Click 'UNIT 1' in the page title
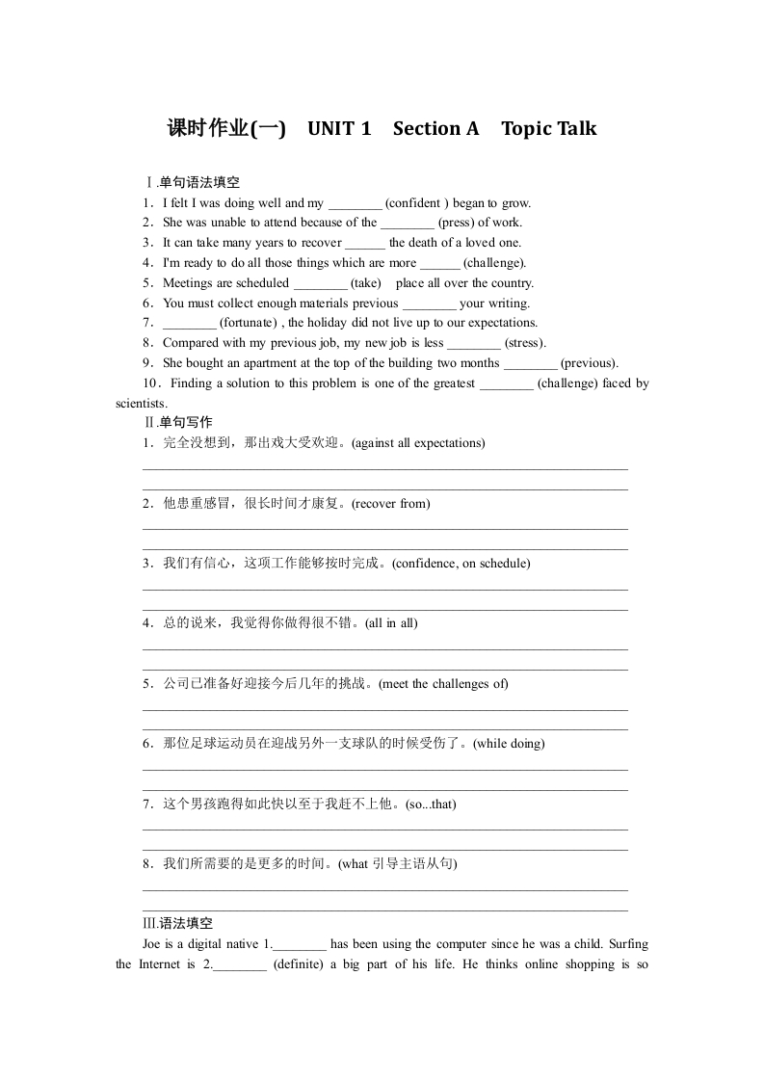coord(339,129)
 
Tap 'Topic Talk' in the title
coord(548,129)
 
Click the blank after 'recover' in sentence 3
coord(364,244)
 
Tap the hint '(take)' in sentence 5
coord(365,283)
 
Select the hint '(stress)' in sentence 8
coord(525,343)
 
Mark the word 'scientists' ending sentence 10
coord(141,404)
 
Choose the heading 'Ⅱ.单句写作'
coord(178,423)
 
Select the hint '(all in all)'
coord(391,623)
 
